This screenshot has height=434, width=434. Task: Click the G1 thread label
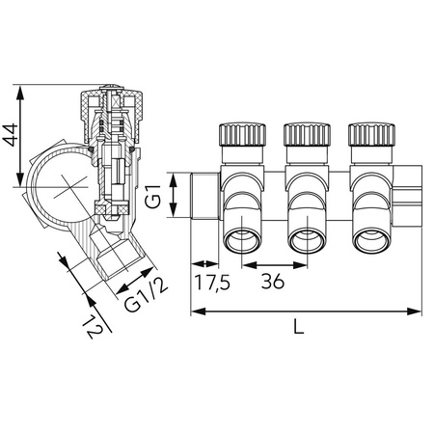coord(152,197)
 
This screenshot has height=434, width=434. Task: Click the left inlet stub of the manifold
coord(205,195)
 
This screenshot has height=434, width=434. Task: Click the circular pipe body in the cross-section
coord(60,182)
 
